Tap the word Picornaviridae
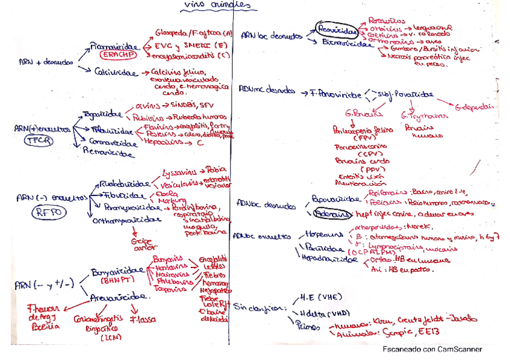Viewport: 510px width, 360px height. [114, 45]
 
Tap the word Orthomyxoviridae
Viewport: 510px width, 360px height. [127, 220]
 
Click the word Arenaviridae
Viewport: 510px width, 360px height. [121, 296]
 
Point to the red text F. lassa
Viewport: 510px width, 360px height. [140, 319]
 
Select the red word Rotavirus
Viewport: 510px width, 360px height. [387, 20]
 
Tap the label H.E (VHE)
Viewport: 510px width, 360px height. [319, 296]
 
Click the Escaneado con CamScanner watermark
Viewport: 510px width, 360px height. [432, 349]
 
